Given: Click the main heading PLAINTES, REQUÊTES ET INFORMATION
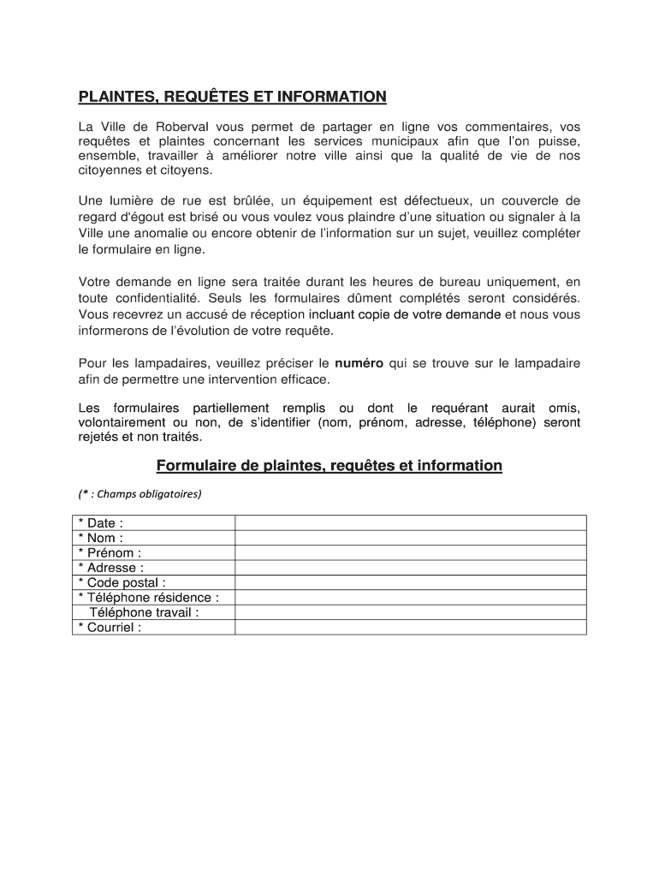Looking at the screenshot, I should pyautogui.click(x=232, y=97).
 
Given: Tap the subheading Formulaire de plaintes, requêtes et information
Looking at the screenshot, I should pyautogui.click(x=329, y=466).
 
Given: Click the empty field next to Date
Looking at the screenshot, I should pyautogui.click(x=410, y=522).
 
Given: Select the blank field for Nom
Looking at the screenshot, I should pyautogui.click(x=410, y=538).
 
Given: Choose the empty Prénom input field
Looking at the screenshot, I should pyautogui.click(x=410, y=552).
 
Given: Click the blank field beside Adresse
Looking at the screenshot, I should pyautogui.click(x=410, y=567).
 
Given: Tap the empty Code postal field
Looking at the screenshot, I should pyautogui.click(x=410, y=582).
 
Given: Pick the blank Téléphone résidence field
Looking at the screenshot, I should pyautogui.click(x=410, y=597).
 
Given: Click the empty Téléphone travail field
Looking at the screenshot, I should pyautogui.click(x=410, y=612).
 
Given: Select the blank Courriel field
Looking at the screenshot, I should pyautogui.click(x=410, y=627).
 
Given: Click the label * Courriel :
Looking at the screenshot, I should pyautogui.click(x=110, y=627).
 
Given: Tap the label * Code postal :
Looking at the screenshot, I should pyautogui.click(x=122, y=582).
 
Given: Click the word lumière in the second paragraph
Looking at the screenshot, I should pyautogui.click(x=133, y=200).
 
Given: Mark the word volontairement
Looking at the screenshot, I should pyautogui.click(x=122, y=422).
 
